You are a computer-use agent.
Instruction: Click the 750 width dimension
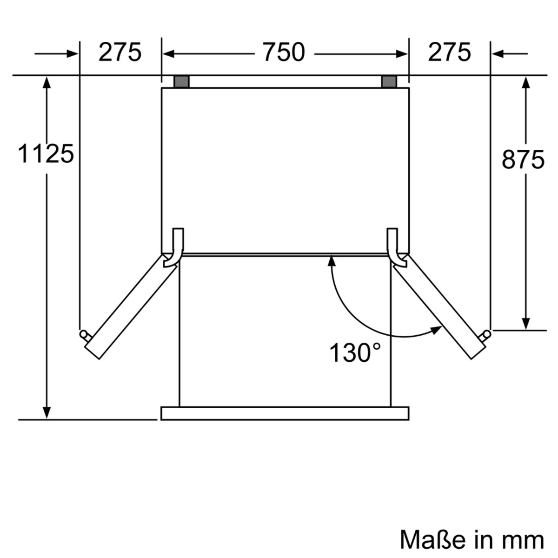coord(284,52)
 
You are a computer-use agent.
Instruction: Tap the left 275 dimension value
coord(120,52)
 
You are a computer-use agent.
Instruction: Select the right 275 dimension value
coord(449,52)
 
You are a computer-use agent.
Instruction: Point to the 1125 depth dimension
coord(46,154)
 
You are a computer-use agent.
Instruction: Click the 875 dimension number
coord(523,159)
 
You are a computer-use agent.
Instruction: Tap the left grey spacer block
coord(181,82)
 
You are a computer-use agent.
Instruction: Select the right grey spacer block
coord(389,82)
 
